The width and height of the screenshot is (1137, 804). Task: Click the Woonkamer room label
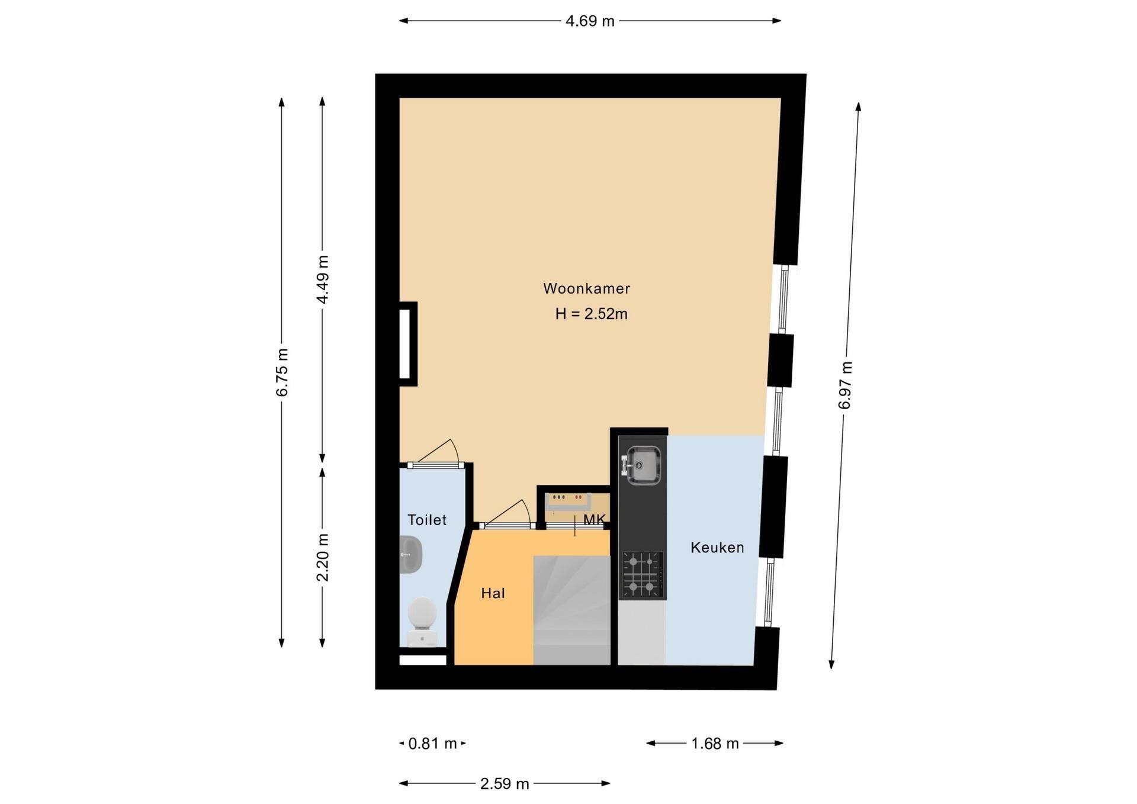[x=586, y=289]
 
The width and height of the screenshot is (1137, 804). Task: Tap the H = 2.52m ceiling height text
[x=591, y=314]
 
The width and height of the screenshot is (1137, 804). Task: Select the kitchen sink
[x=641, y=465]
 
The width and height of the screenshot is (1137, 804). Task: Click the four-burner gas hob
[x=642, y=575]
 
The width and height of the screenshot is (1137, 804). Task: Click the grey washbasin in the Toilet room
[x=410, y=554]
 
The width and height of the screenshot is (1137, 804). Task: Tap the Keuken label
[x=717, y=548]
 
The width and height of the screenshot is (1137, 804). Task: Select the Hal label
[x=493, y=593]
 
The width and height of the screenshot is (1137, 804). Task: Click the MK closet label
[x=594, y=520]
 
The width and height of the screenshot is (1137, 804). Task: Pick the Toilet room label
[x=427, y=520]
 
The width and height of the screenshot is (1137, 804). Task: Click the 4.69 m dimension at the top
[x=590, y=21]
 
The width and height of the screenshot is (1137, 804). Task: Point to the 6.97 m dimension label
[x=845, y=385]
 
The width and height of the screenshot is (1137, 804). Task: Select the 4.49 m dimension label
[x=323, y=279]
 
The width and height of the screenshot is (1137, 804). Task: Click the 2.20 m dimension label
[x=323, y=557]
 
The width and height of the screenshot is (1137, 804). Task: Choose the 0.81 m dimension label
[x=433, y=744]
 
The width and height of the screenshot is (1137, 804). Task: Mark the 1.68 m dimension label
[x=715, y=744]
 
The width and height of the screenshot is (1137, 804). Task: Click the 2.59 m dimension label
[x=505, y=784]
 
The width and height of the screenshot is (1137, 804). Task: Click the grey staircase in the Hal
[x=571, y=610]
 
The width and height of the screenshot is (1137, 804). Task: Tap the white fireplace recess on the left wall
[x=405, y=344]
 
